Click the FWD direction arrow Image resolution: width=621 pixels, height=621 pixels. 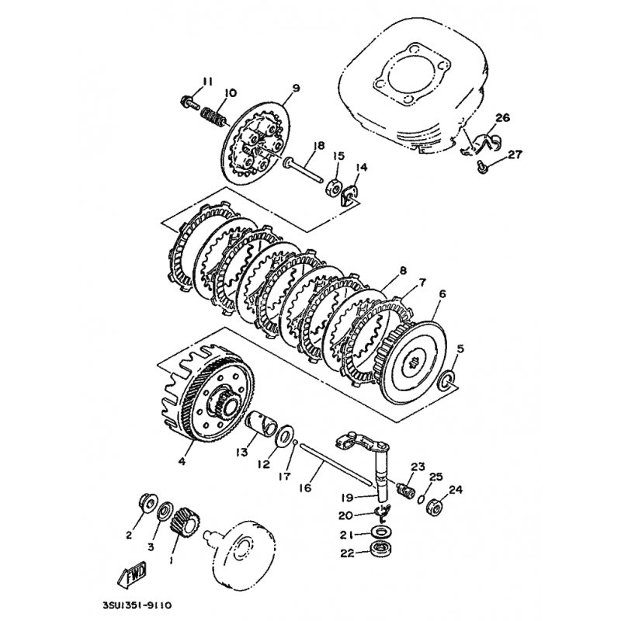click(133, 574)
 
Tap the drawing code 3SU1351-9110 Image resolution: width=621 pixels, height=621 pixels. click(137, 606)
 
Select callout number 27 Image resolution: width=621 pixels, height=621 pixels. click(515, 154)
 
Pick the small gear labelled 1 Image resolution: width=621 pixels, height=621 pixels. click(184, 522)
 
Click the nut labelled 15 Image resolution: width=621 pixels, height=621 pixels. click(334, 189)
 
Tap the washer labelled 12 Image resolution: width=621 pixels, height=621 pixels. click(285, 435)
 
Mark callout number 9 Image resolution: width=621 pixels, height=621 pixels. click(296, 88)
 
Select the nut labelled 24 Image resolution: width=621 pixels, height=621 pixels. click(435, 506)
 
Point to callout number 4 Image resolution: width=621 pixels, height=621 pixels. click(182, 461)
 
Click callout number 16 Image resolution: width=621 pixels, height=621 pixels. click(305, 488)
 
